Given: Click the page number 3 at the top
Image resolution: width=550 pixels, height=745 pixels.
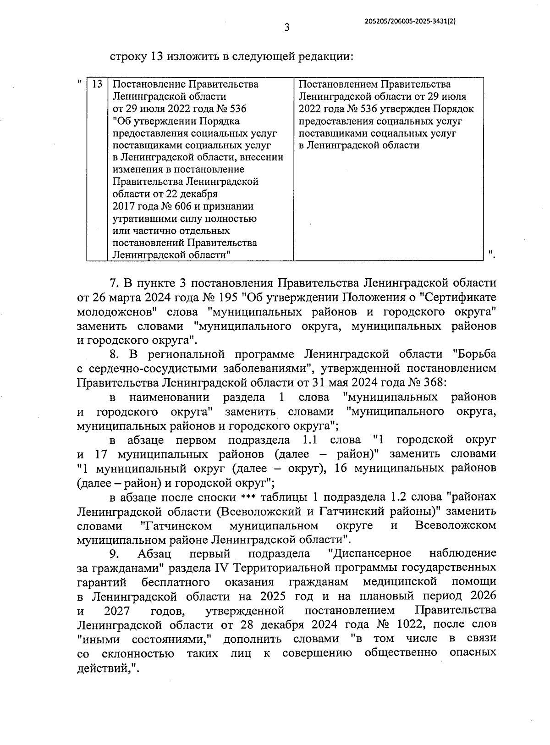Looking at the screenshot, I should [287, 28].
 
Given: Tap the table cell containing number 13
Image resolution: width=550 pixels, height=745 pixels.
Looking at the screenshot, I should [97, 84].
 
